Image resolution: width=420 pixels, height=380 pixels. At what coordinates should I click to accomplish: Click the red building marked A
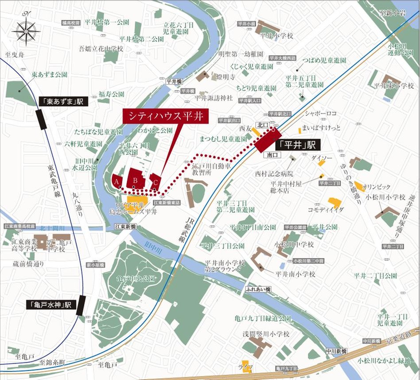point(117,181)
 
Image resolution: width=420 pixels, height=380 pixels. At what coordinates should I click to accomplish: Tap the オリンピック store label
point(376,187)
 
